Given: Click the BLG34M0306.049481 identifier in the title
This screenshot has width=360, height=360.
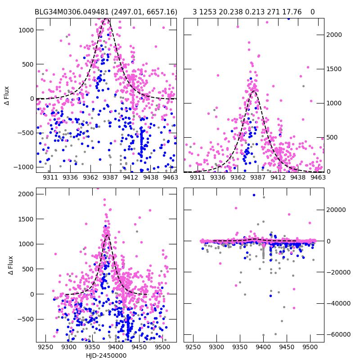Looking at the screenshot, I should pos(73,12).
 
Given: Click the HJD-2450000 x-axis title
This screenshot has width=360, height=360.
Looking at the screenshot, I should pos(106,355).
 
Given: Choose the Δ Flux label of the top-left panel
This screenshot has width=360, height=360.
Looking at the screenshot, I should pos(6,97).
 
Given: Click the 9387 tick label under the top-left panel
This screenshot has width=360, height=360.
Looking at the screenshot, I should pos(111,178).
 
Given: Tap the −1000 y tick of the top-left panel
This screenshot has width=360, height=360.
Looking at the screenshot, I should pos(22,166).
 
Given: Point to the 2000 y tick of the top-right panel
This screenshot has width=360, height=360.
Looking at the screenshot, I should pos(334,35).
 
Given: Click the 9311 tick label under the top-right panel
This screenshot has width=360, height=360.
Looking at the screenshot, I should pos(198,178).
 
